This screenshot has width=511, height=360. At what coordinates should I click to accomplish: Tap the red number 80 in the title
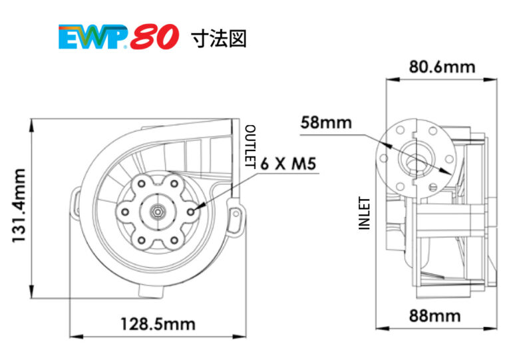click(x=154, y=38)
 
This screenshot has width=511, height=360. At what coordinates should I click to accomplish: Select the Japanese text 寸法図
click(x=218, y=39)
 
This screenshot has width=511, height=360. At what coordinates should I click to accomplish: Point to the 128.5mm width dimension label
click(x=158, y=324)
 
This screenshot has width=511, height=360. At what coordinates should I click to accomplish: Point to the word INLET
click(x=364, y=213)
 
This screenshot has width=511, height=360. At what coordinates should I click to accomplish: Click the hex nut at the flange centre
click(x=156, y=211)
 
